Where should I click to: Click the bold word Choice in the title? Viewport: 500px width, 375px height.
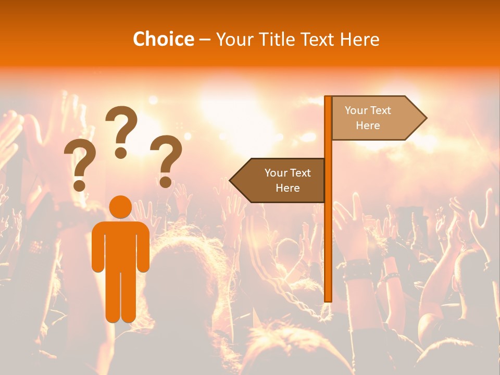click(x=163, y=39)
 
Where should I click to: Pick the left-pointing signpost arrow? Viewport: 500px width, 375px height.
click(x=279, y=180)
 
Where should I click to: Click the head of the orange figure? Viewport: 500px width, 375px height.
click(x=120, y=207)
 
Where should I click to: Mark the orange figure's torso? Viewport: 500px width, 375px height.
click(x=120, y=245)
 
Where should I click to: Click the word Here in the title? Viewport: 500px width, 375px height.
click(x=360, y=39)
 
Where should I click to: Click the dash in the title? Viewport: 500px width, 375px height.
click(x=205, y=40)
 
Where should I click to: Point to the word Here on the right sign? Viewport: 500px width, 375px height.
click(x=368, y=126)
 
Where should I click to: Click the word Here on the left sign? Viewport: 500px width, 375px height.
click(x=287, y=188)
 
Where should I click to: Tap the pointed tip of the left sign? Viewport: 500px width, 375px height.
click(x=231, y=180)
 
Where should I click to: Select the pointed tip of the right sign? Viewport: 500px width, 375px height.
click(x=426, y=118)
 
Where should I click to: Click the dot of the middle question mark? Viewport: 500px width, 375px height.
click(x=121, y=153)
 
